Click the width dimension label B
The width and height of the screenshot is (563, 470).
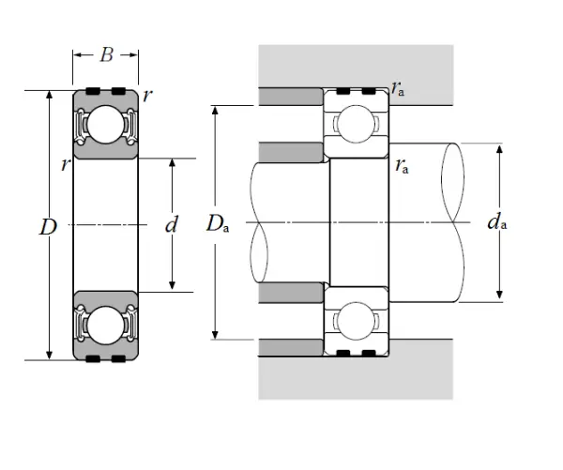point(106,54)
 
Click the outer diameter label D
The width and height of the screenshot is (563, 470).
point(49,226)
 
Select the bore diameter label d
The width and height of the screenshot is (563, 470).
point(171,225)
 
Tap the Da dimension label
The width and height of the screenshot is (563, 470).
point(218,223)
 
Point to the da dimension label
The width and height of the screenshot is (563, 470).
point(497,222)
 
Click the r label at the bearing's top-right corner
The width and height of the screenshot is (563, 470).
point(147,95)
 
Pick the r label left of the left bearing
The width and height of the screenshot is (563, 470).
point(65,165)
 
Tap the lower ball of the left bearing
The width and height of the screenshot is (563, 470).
point(106,325)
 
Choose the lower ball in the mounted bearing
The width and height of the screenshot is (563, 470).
point(358,321)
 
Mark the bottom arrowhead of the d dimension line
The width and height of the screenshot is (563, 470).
point(171,286)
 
